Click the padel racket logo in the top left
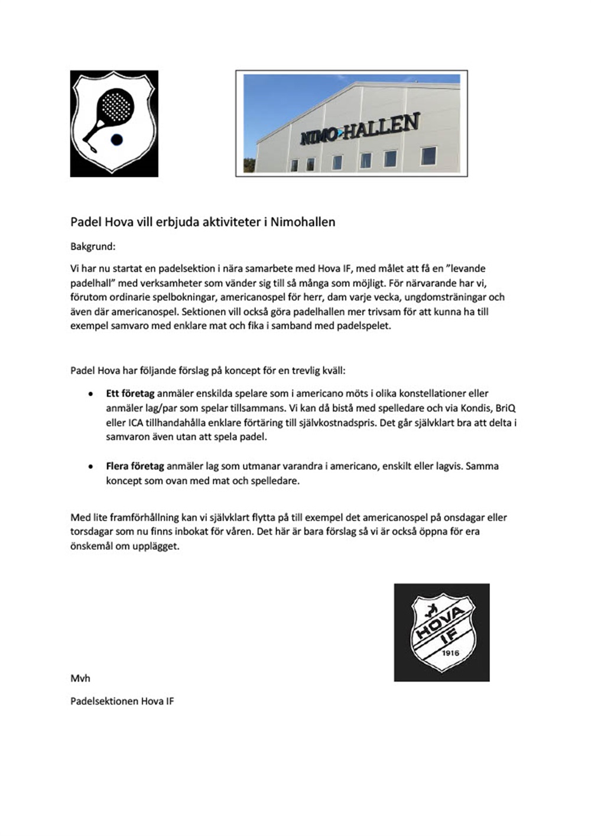pyautogui.click(x=114, y=124)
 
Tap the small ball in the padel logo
pyautogui.click(x=117, y=140)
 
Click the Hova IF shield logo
pyautogui.click(x=441, y=633)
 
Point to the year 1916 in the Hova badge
pyautogui.click(x=451, y=653)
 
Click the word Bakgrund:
pyautogui.click(x=93, y=247)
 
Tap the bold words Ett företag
pyautogui.click(x=130, y=394)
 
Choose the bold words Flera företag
pyautogui.click(x=135, y=466)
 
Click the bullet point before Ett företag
pyautogui.click(x=90, y=394)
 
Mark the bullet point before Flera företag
pyautogui.click(x=90, y=466)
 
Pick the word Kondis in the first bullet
pyautogui.click(x=472, y=409)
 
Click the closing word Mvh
pyautogui.click(x=80, y=678)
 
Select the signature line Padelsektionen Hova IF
pyautogui.click(x=122, y=702)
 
